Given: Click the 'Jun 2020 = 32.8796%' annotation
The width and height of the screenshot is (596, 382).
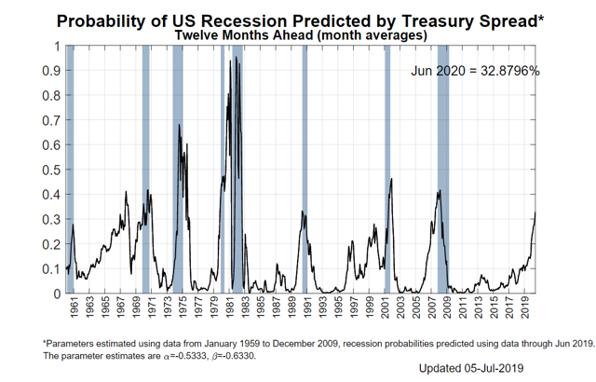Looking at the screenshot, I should coord(475,72).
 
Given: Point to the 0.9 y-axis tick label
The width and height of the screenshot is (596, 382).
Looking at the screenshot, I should coord(54,70).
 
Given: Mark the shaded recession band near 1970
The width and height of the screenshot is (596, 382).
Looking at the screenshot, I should coord(146,168).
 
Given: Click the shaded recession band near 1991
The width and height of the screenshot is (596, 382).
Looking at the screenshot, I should coord(305,168).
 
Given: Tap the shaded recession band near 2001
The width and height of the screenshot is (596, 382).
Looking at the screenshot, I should coord(386,168).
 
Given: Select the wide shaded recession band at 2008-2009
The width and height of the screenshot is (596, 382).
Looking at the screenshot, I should coord(444,168).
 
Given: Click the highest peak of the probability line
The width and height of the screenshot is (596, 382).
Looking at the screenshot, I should coord(236,58).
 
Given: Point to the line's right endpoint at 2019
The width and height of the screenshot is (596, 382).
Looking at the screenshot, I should coord(536,212).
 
